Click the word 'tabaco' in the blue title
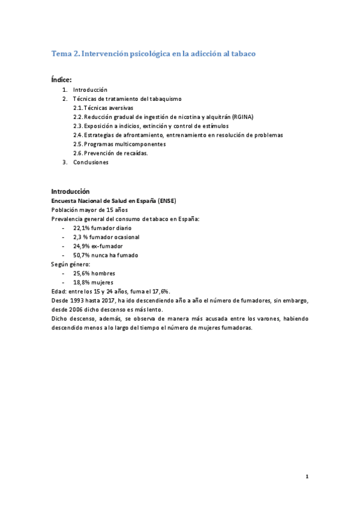pos(242,54)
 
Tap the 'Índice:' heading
pos(62,79)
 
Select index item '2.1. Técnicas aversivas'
pos(103,107)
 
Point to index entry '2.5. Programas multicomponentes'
pos(116,144)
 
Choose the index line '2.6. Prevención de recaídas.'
pos(110,153)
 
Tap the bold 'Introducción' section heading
pos(70,191)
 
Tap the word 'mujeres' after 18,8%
pos(102,282)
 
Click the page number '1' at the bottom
pos(307,477)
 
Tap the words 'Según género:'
pos(71,264)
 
